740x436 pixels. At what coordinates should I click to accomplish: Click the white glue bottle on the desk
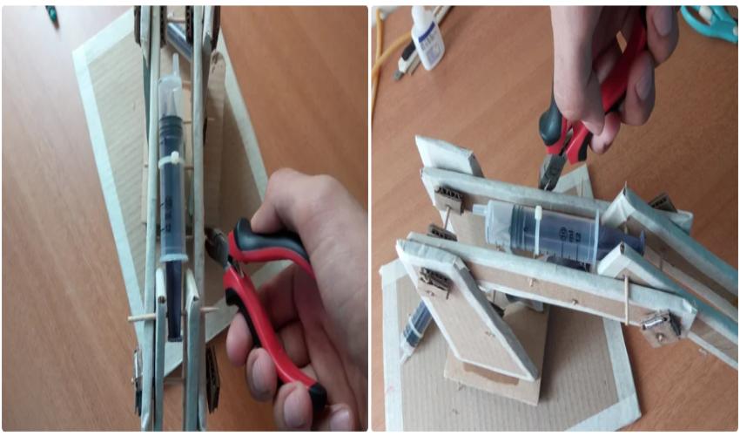[x=427, y=40]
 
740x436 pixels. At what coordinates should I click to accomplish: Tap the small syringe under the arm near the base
[x=416, y=329]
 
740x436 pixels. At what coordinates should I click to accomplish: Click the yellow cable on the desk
[x=380, y=61]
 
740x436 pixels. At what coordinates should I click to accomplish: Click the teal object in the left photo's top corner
[x=51, y=14]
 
